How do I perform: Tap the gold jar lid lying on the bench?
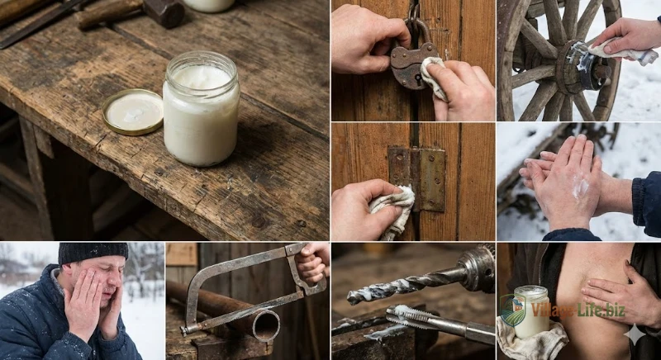click(x=132, y=111)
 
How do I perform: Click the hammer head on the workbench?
click(x=164, y=12)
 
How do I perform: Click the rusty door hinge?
click(x=417, y=178)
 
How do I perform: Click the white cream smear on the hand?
click(x=581, y=187)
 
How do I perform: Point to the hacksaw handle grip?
click(x=311, y=266)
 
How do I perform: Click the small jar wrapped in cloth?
click(x=531, y=311)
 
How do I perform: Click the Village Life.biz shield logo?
click(x=512, y=310)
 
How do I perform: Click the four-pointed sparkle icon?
click(x=635, y=334)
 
